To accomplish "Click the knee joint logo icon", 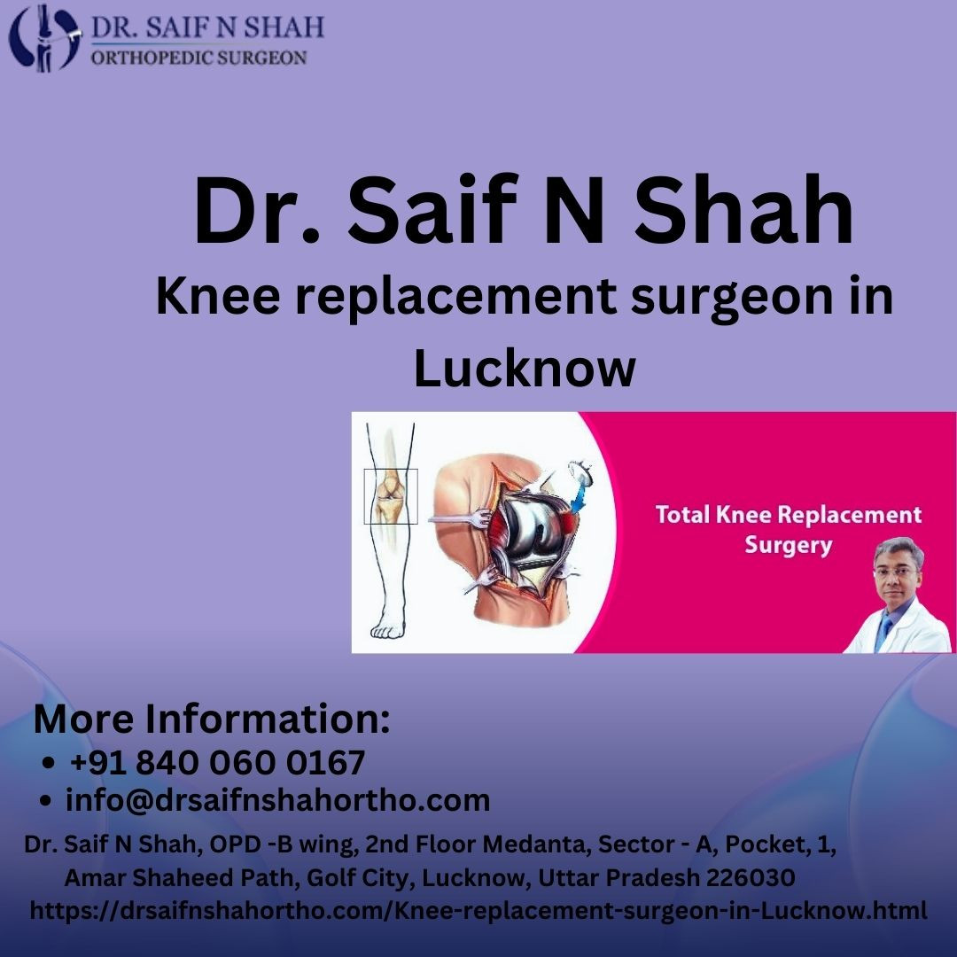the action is click(x=44, y=38).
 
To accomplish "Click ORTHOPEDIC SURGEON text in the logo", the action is click(x=199, y=58).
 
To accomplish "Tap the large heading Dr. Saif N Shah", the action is click(x=524, y=211).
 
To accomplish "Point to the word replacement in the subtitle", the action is click(x=456, y=297).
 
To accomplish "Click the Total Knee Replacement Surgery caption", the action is click(x=788, y=529).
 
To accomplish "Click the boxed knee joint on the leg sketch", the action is click(x=391, y=495).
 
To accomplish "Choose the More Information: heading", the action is click(x=212, y=719).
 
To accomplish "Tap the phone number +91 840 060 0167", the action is click(x=217, y=762).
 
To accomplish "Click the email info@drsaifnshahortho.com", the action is click(x=277, y=800).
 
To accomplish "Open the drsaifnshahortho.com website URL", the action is click(x=478, y=910).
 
